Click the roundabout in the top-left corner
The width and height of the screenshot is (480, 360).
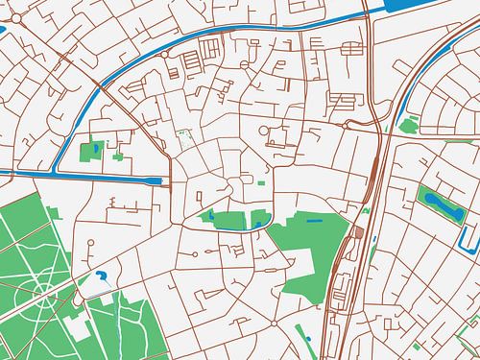pos(7,9)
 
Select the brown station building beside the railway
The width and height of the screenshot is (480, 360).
pos(359,232)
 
